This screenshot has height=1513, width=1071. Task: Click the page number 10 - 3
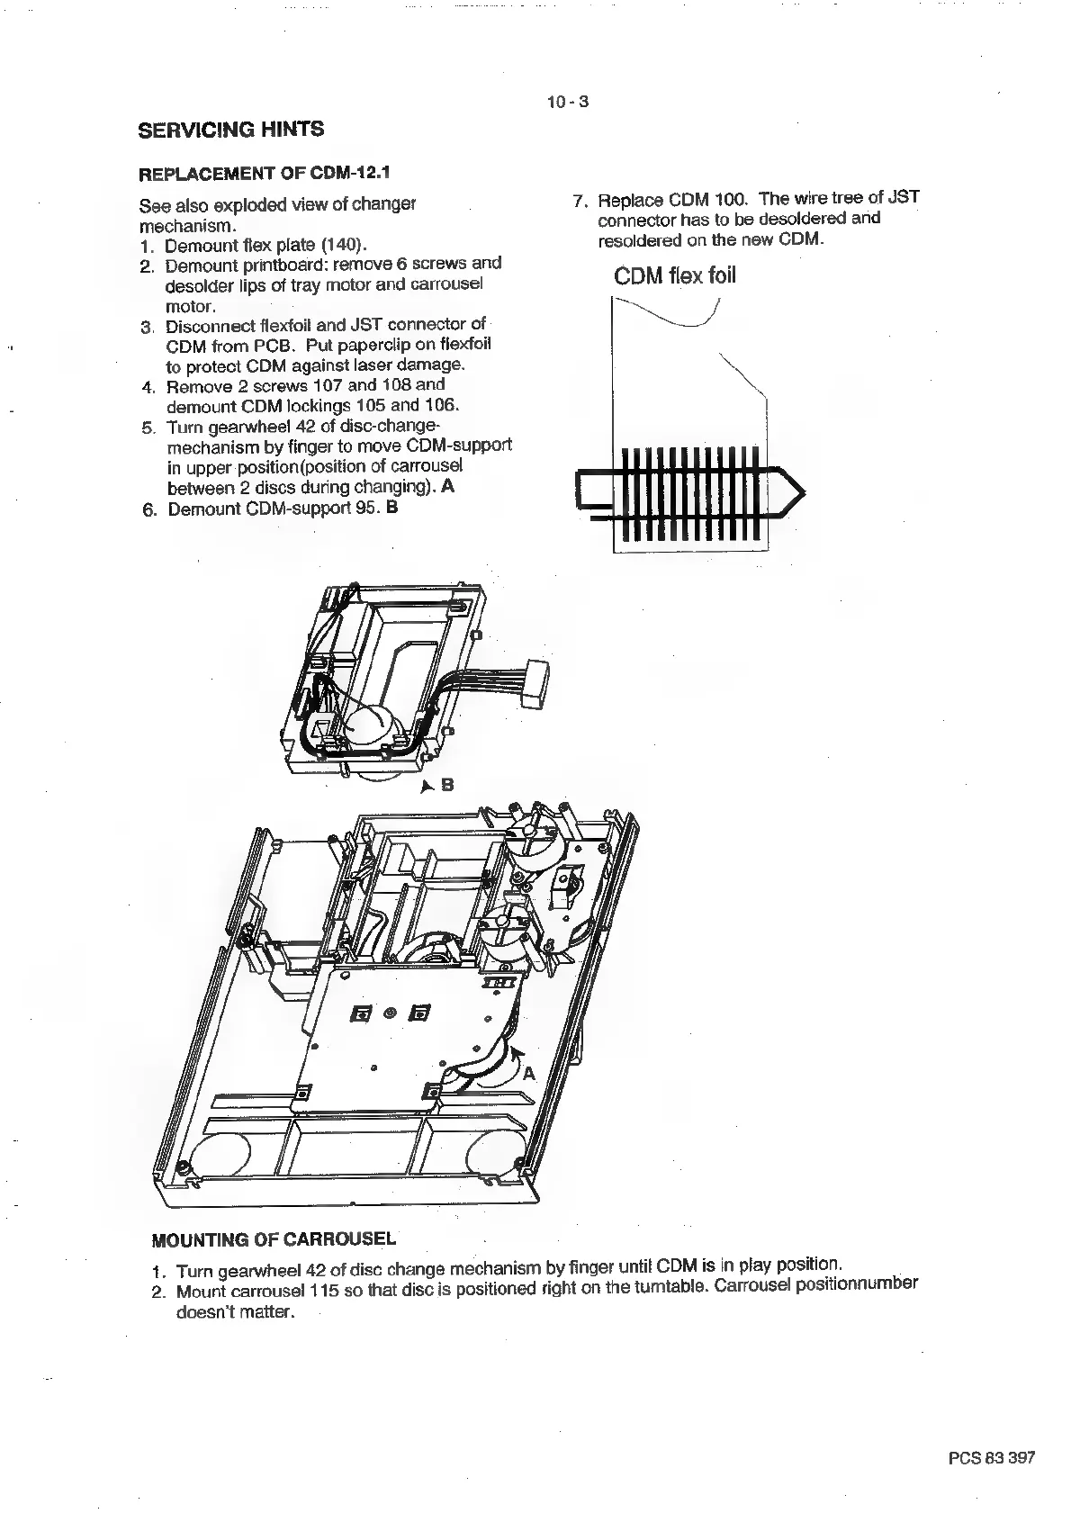coord(567,102)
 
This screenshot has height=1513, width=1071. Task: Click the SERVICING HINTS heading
coord(230,130)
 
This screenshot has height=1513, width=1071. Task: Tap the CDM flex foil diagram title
coord(675,275)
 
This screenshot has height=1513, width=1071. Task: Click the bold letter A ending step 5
coord(448,487)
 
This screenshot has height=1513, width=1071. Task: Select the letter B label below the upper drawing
coord(447,785)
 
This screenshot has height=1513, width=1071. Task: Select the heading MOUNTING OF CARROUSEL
coord(274,1238)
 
